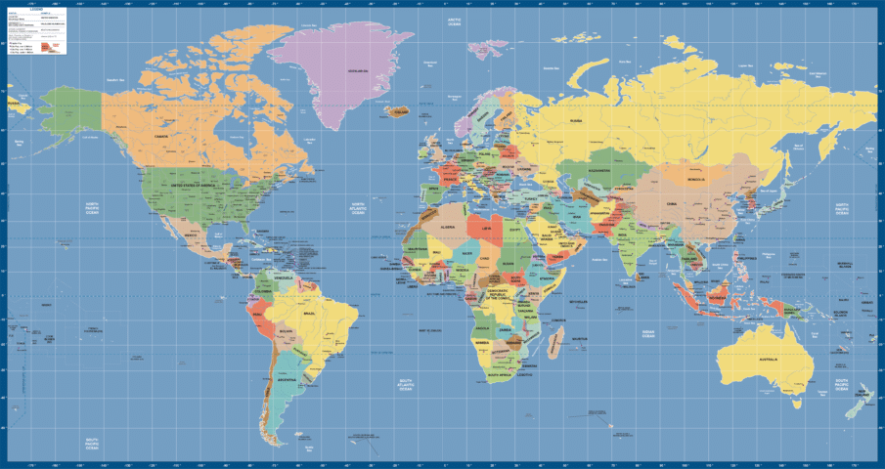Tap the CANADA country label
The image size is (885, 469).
pos(161,136)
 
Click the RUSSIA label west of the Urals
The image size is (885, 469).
pos(576,120)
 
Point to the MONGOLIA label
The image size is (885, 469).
pos(696,180)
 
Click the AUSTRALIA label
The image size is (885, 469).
pos(768,359)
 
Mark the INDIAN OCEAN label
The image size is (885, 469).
pos(647,334)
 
